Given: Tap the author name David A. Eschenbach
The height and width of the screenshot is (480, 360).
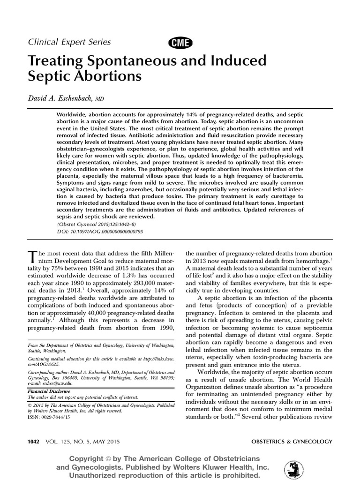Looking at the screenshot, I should coord(61,97).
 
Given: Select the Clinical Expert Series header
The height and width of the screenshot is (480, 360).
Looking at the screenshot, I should coord(70,42).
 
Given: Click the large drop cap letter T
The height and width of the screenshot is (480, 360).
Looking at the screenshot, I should coord(33,257).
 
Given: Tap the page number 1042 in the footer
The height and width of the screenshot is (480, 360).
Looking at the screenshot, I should coord(35,442).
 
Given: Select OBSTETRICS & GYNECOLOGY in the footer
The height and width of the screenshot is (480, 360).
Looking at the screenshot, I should coord(292,442).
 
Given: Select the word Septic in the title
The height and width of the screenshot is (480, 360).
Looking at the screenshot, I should coord(49,76).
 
